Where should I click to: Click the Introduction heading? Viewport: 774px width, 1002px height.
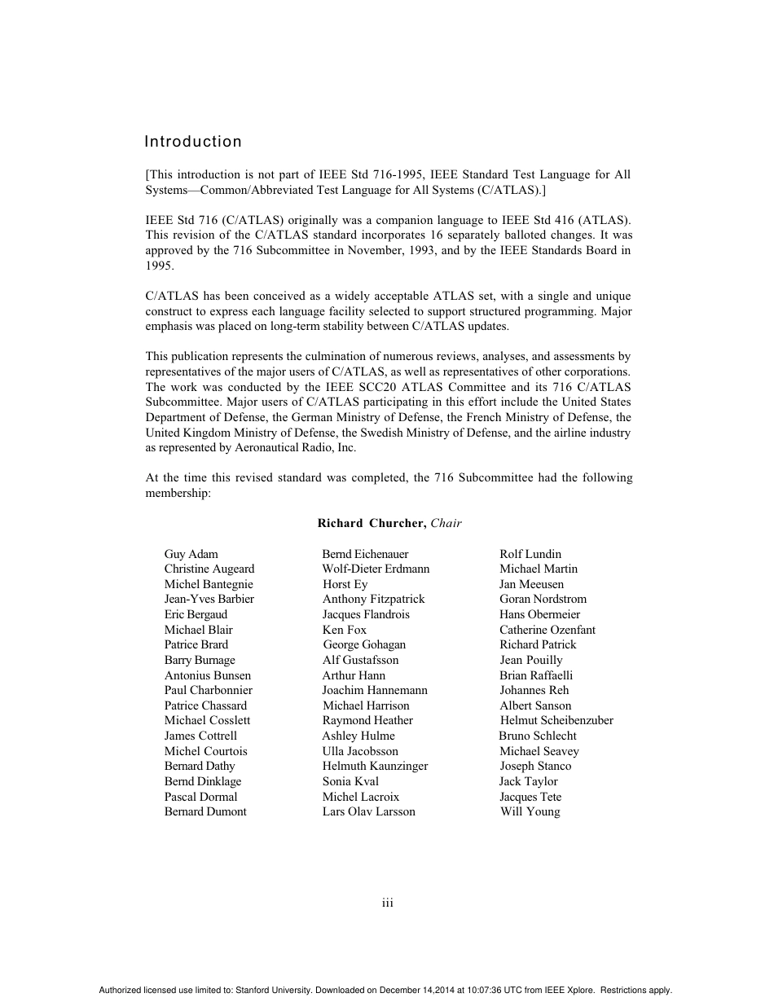point(193,142)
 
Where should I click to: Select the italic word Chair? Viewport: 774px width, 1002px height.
point(446,523)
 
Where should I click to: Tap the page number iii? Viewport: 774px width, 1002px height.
point(388,903)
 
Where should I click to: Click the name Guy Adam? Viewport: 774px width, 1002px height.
point(191,554)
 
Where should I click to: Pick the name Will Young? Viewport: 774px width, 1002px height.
point(530,811)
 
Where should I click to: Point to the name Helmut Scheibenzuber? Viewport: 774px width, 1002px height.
point(556,720)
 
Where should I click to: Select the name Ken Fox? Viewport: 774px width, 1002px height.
point(345,630)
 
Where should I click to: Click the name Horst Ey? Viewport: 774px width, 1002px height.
point(345,584)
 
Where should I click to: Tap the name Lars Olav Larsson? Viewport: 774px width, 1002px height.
point(368,811)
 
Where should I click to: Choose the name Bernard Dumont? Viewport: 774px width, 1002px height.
point(205,811)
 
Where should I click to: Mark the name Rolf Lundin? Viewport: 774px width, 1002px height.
point(530,554)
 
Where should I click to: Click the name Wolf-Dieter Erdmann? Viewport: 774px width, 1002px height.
point(376,569)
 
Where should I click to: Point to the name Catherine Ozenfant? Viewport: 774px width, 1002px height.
point(548,630)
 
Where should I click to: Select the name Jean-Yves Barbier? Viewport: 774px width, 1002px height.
point(209,599)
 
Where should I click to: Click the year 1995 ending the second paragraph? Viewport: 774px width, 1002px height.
point(159,266)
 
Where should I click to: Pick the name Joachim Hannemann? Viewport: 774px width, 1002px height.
point(375,690)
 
